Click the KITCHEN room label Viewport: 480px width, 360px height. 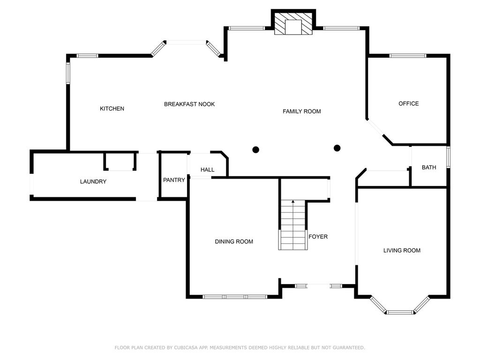[112, 109]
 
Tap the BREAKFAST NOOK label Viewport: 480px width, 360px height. [189, 104]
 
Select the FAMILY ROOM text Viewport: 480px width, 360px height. [301, 112]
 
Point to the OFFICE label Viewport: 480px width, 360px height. [408, 104]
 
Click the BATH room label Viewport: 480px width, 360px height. [429, 167]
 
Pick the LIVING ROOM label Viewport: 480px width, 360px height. [402, 250]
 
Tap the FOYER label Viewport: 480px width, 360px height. [318, 237]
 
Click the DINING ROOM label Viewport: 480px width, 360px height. [234, 241]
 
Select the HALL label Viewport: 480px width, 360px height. [207, 170]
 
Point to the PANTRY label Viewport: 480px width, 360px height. [174, 180]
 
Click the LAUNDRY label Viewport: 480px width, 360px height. [93, 181]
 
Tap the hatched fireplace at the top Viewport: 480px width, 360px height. [293, 23]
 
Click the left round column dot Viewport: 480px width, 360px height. [255, 150]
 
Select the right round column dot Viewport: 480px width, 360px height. [337, 148]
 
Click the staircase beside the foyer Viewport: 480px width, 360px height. [293, 225]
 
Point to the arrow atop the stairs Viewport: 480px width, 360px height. [293, 202]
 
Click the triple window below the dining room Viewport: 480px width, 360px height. [235, 297]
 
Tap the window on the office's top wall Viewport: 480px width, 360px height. [408, 56]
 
